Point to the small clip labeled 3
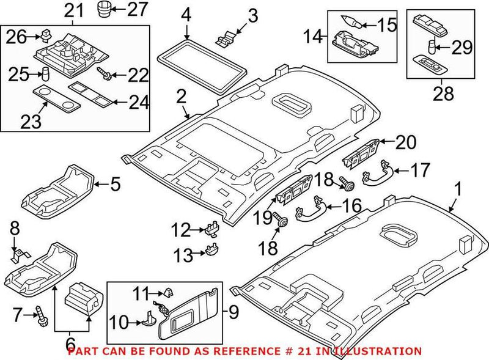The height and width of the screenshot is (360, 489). click(x=226, y=38)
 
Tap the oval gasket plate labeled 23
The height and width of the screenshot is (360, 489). click(x=55, y=97)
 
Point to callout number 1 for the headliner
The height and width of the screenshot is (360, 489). click(x=457, y=188)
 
